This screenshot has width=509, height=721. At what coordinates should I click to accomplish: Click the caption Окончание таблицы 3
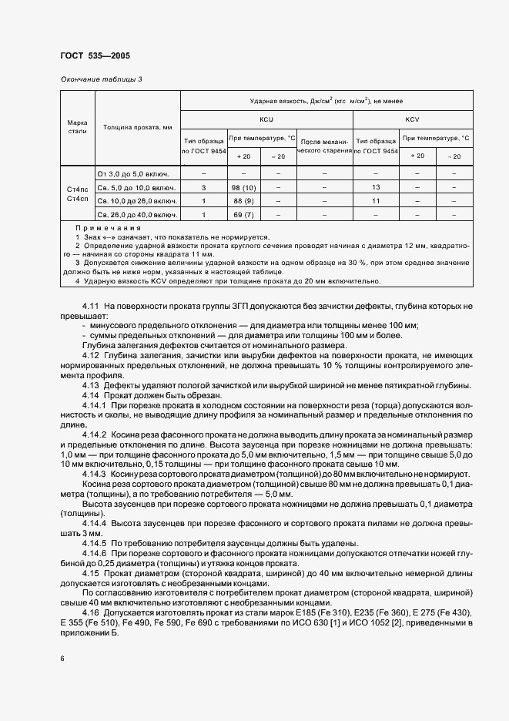100,79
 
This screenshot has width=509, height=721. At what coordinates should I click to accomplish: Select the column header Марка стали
77,127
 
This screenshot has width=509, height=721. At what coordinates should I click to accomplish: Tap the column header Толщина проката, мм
137,127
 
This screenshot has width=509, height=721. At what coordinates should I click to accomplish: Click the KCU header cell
266,120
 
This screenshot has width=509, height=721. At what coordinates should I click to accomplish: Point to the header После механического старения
324,146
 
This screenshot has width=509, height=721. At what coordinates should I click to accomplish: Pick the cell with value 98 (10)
243,187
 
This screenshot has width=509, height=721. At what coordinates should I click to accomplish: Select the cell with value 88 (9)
243,201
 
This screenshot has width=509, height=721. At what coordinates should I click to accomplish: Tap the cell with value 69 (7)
243,214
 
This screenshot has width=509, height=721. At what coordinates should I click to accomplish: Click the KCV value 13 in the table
377,187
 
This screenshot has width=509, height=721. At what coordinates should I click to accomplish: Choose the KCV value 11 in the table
377,201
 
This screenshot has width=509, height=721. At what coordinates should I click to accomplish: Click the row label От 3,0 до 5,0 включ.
136,173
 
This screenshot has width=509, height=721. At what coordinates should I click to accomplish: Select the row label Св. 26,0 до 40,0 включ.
136,214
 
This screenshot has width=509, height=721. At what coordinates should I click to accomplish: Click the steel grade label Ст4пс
77,188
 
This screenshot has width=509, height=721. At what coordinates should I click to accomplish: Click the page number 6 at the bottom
62,659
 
